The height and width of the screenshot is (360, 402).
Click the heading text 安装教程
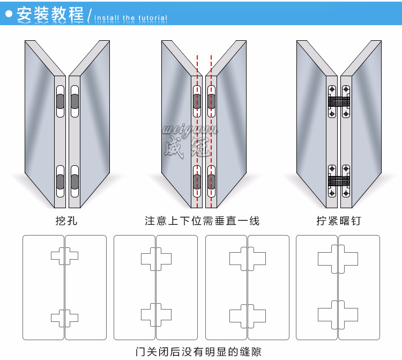click(x=50, y=14)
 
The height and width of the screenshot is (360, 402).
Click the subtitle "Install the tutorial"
click(x=131, y=18)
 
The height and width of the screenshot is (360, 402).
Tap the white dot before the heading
click(x=9, y=14)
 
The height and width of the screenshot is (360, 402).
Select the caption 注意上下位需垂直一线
click(x=202, y=221)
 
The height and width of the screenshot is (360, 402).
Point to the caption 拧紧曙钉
click(x=338, y=221)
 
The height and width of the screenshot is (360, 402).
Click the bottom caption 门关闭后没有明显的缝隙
click(x=199, y=352)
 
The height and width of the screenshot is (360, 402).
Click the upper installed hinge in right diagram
click(x=339, y=101)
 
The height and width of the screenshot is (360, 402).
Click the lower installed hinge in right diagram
click(x=339, y=180)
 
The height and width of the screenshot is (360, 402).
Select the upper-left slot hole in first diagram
click(x=61, y=101)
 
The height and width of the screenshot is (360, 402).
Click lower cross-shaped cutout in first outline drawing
click(x=64, y=318)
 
